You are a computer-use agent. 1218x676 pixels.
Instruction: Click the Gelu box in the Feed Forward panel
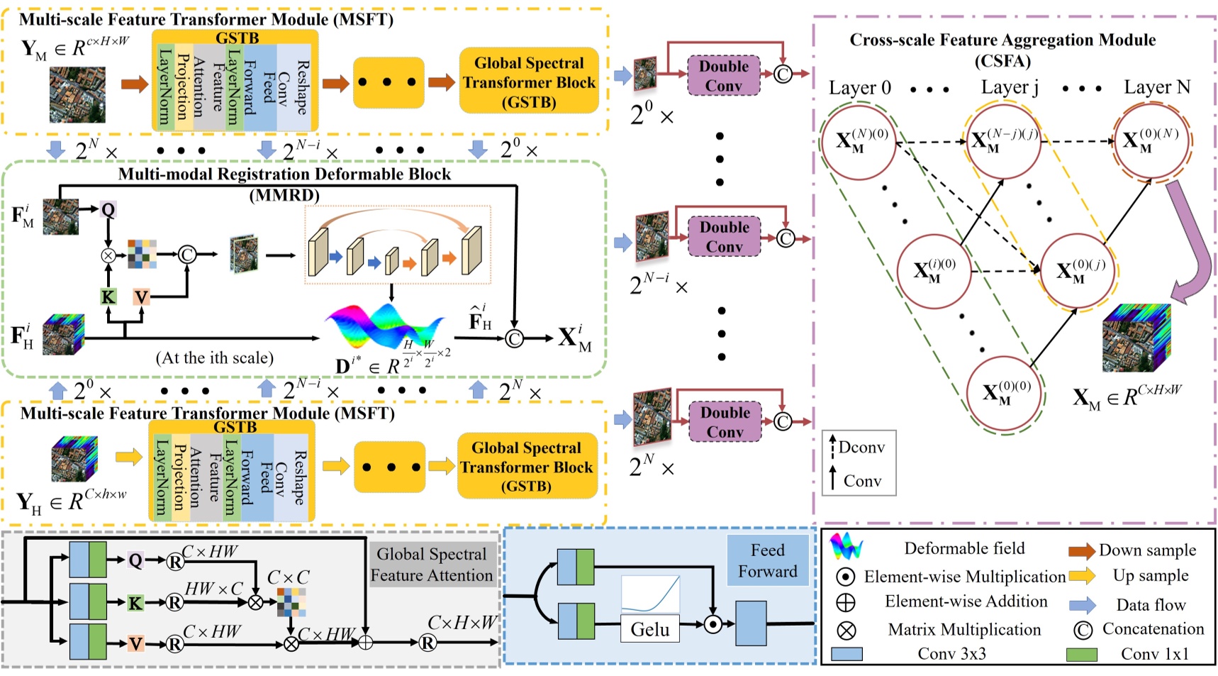click(650, 629)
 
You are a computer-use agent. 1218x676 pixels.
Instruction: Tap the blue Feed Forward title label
click(768, 560)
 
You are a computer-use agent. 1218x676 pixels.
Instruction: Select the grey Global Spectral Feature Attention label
click(431, 565)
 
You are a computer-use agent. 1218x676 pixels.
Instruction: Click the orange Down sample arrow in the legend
click(1082, 550)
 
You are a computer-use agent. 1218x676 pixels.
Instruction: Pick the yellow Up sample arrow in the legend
click(1082, 576)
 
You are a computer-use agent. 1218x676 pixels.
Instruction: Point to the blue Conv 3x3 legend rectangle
click(847, 654)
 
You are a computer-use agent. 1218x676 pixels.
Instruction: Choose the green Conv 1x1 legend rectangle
click(1082, 654)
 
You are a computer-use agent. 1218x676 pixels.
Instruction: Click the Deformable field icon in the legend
click(847, 547)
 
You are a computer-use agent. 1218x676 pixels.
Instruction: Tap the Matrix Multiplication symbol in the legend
click(847, 630)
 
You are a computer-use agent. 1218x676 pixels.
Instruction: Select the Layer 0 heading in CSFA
click(859, 88)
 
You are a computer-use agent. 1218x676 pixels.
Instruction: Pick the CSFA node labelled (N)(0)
click(859, 140)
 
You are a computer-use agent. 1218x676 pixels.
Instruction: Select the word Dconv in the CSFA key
click(861, 448)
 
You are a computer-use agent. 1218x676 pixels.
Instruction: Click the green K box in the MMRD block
click(108, 297)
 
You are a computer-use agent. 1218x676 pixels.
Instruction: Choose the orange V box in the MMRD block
click(141, 297)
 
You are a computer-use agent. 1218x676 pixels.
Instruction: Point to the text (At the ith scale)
click(214, 358)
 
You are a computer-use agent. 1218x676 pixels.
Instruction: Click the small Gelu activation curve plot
click(650, 594)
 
